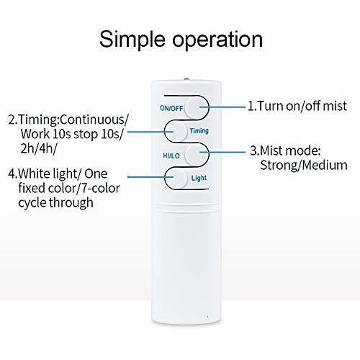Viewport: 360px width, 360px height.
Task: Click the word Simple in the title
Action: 132,40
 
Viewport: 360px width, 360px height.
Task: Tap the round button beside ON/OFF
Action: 197,107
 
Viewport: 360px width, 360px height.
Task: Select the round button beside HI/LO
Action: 197,154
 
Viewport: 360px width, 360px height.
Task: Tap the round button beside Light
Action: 176,178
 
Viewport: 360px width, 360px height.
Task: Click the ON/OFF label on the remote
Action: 171,108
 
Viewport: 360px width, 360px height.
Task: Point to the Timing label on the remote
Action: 199,131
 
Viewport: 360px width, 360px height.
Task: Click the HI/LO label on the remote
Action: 171,156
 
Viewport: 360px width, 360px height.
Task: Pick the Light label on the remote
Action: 199,178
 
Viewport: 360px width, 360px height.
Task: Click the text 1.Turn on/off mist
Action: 297,106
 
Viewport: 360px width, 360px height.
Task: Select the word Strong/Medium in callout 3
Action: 304,166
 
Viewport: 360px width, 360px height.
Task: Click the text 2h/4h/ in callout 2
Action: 39,149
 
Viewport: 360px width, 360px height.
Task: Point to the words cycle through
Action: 55,202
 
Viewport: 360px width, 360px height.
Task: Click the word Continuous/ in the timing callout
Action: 94,120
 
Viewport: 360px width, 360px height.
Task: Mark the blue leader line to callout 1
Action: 222,107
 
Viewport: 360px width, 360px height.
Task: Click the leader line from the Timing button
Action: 150,131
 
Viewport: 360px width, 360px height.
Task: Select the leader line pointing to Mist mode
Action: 222,152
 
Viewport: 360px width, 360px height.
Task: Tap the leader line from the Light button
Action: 150,177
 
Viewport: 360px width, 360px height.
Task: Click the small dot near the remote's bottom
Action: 207,316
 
